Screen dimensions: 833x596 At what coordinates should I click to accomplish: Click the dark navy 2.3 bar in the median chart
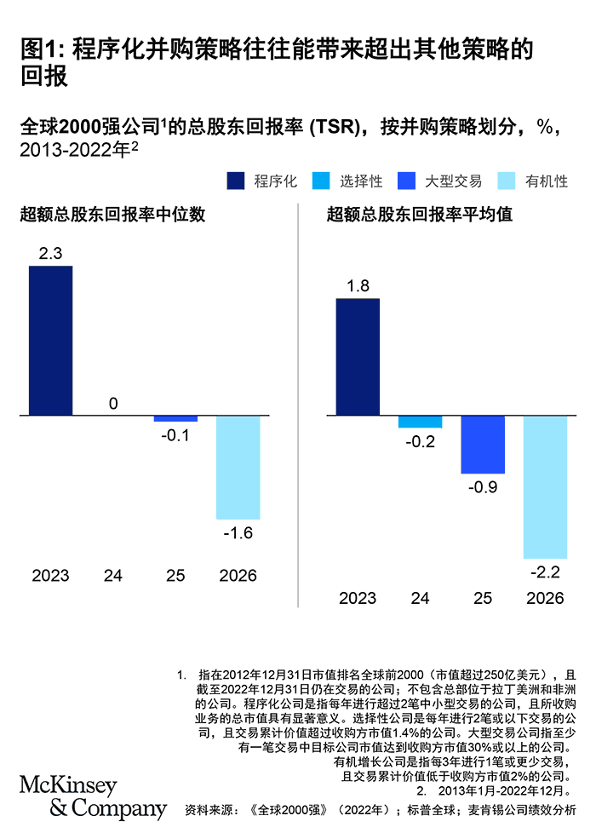[x=51, y=341]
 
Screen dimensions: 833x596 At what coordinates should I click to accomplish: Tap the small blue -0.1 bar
[x=175, y=419]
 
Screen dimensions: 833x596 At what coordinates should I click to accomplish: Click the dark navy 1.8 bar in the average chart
[x=358, y=357]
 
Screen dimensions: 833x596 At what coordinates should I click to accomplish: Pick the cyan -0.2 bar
[x=421, y=422]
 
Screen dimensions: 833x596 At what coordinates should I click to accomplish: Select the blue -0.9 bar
[x=483, y=445]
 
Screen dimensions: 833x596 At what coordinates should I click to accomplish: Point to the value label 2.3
[x=51, y=253]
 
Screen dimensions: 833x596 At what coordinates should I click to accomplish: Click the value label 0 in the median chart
[x=113, y=403]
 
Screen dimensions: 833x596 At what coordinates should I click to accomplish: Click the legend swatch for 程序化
[x=236, y=181]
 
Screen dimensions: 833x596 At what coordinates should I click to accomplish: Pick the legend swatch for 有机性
[x=507, y=181]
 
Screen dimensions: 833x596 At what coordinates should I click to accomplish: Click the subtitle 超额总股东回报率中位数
[x=112, y=215]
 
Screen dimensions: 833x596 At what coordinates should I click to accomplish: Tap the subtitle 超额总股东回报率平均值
[x=420, y=215]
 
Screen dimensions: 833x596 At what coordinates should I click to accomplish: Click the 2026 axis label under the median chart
[x=238, y=576]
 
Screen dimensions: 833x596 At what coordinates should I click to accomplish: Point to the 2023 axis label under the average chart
[x=358, y=598]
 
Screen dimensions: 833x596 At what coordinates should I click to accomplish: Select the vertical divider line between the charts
[x=298, y=409]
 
